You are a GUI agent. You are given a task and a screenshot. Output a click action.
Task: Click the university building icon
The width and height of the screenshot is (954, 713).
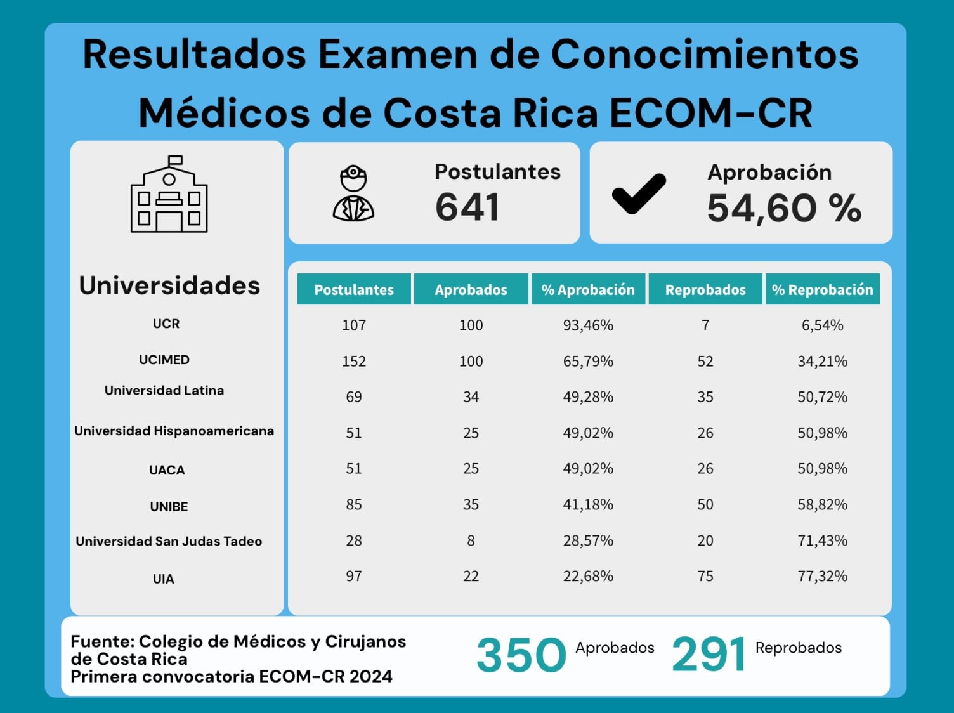(169, 195)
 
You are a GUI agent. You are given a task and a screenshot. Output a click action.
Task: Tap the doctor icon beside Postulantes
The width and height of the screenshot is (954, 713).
(353, 193)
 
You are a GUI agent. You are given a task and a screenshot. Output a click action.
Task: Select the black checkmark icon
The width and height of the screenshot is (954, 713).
(639, 193)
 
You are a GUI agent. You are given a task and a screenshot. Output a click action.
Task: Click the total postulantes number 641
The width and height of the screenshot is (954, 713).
(467, 207)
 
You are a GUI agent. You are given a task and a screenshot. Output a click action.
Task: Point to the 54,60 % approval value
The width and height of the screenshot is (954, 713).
(784, 208)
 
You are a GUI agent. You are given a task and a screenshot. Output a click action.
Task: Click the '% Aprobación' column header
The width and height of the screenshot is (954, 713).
(588, 290)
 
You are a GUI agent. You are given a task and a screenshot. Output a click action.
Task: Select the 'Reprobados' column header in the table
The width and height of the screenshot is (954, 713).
(705, 290)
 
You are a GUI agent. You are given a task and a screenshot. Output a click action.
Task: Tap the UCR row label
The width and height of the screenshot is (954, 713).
(166, 324)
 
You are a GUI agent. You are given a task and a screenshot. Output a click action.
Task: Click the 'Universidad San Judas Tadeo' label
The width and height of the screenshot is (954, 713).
(169, 541)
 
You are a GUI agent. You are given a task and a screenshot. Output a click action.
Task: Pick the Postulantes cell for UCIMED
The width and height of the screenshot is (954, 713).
(354, 361)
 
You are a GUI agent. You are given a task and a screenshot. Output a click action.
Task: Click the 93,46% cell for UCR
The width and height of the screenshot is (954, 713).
(588, 325)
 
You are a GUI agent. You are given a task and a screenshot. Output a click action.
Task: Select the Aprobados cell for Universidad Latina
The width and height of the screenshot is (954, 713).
(471, 397)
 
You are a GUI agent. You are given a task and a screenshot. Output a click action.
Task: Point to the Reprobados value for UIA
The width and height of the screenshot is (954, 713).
(705, 576)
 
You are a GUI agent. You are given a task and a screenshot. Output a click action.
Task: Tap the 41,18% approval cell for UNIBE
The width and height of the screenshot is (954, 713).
(588, 504)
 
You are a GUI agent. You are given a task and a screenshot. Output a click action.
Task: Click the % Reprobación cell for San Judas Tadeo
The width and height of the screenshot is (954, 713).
(822, 540)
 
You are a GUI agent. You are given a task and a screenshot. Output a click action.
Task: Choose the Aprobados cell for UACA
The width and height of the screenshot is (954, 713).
(471, 469)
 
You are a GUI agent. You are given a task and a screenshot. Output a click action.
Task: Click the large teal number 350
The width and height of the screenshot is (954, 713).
(521, 655)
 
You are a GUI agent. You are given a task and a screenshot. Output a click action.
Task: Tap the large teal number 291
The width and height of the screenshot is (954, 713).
(709, 655)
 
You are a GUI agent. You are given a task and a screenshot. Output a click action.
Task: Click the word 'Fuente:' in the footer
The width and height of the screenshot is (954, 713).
(102, 641)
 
